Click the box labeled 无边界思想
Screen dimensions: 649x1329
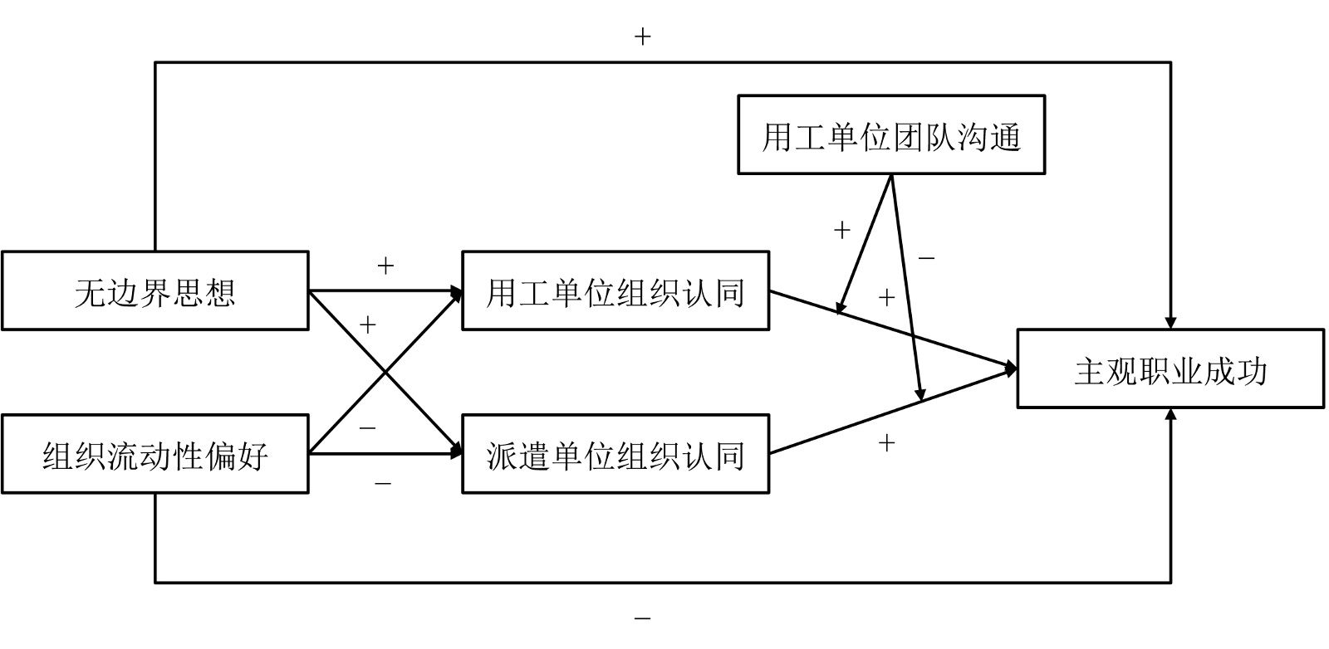tap(154, 291)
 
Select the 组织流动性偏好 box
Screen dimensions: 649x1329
tap(154, 455)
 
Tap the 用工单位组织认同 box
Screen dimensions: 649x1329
tap(615, 291)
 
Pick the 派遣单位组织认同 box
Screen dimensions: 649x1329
tap(615, 455)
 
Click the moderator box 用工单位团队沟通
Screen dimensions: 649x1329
tap(890, 135)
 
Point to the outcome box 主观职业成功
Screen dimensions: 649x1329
tap(1170, 369)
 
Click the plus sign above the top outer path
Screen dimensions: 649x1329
tap(642, 37)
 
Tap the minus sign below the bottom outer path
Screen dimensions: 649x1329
tap(642, 618)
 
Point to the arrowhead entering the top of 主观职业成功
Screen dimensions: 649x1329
tap(1170, 322)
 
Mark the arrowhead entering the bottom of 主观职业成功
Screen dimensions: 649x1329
tap(1170, 415)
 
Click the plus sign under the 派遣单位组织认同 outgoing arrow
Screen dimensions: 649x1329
tap(886, 442)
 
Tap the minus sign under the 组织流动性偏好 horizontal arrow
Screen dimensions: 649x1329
tap(383, 482)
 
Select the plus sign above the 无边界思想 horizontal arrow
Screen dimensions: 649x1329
tap(385, 266)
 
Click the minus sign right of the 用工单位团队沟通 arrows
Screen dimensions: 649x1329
tap(926, 258)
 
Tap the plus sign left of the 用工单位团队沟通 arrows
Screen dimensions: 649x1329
tap(841, 230)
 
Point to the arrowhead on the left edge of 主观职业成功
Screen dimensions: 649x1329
tap(1011, 368)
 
